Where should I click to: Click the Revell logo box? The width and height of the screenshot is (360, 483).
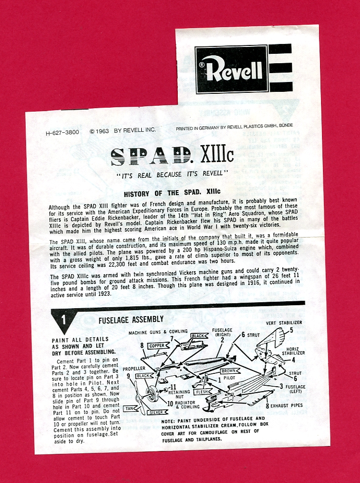pyautogui.click(x=231, y=69)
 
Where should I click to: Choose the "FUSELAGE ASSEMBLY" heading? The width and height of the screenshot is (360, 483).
pyautogui.click(x=131, y=320)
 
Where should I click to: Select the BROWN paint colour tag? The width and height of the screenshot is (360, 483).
pyautogui.click(x=229, y=370)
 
